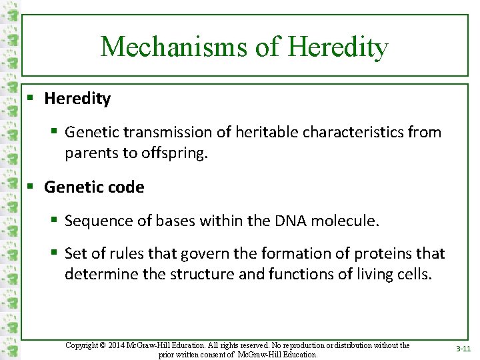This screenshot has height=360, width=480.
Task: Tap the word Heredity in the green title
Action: (338, 47)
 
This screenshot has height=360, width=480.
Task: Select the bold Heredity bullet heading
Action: (77, 99)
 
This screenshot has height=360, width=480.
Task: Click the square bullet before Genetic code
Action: (31, 187)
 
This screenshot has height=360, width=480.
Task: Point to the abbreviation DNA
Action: (291, 221)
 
